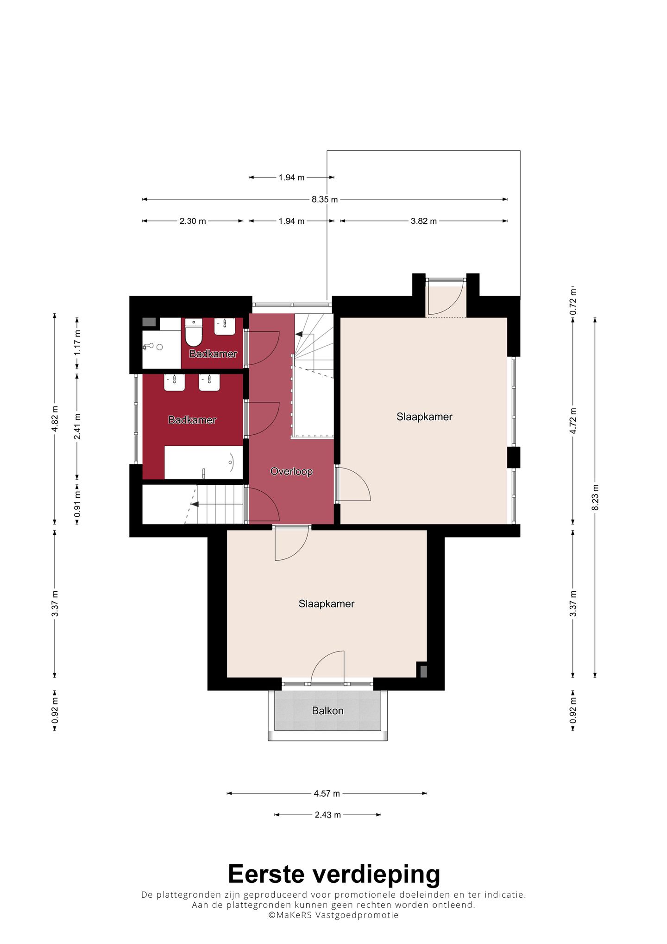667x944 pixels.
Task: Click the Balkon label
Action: click(x=327, y=710)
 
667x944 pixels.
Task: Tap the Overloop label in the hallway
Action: click(x=291, y=471)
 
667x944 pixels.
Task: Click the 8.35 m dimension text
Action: click(x=325, y=200)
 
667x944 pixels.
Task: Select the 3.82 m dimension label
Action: click(x=424, y=221)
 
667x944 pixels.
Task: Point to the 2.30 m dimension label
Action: click(x=193, y=221)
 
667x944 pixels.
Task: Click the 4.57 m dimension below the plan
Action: click(x=327, y=793)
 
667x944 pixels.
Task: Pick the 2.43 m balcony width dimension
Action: click(x=328, y=815)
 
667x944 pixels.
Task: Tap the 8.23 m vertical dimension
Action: click(x=596, y=498)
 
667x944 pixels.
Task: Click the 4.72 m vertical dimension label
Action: click(x=573, y=421)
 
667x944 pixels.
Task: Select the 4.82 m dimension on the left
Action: click(x=55, y=418)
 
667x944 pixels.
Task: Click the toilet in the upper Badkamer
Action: click(x=194, y=332)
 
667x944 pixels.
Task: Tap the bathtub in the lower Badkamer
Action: click(x=204, y=462)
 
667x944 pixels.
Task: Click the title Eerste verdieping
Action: click(x=334, y=874)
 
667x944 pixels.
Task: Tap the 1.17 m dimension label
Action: click(x=77, y=342)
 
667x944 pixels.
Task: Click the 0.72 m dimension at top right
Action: click(x=573, y=302)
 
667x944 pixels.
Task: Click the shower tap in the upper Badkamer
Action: click(x=148, y=346)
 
